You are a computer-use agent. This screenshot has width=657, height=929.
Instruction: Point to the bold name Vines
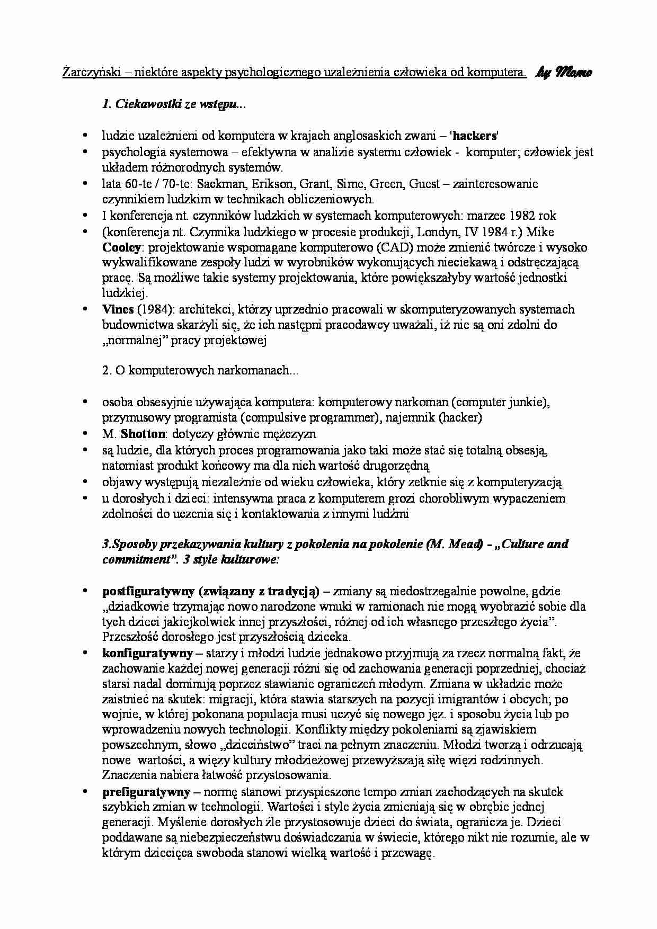tap(118, 309)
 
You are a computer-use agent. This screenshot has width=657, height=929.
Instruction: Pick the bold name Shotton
tap(143, 434)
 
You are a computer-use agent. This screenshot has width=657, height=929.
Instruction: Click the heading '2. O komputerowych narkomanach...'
tap(200, 371)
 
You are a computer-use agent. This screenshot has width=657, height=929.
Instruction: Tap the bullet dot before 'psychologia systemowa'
tap(85, 152)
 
